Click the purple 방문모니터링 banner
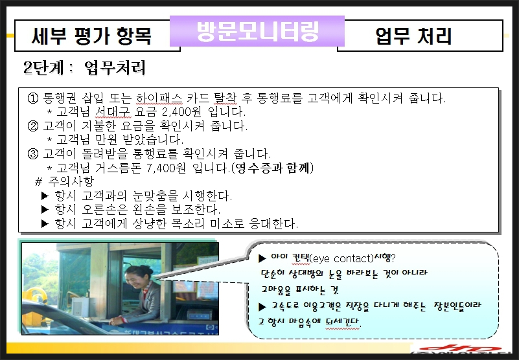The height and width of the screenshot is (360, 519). click(257, 31)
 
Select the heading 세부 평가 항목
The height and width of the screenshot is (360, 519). click(92, 36)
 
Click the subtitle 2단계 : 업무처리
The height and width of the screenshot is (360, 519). click(84, 67)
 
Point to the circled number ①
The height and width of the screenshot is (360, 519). click(33, 98)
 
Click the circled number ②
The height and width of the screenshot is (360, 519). click(33, 126)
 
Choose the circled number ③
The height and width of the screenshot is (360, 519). click(33, 153)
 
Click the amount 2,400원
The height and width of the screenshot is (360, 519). click(181, 112)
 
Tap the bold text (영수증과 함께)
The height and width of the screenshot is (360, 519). click(272, 168)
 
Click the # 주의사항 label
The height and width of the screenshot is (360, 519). click(65, 181)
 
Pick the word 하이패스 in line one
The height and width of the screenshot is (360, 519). click(159, 98)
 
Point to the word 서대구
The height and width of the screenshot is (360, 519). click(113, 112)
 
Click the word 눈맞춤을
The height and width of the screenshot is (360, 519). click(156, 196)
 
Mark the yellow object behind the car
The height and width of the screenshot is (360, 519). click(36, 299)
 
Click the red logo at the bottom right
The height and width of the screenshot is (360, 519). click(460, 348)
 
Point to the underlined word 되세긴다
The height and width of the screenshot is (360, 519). click(343, 321)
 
